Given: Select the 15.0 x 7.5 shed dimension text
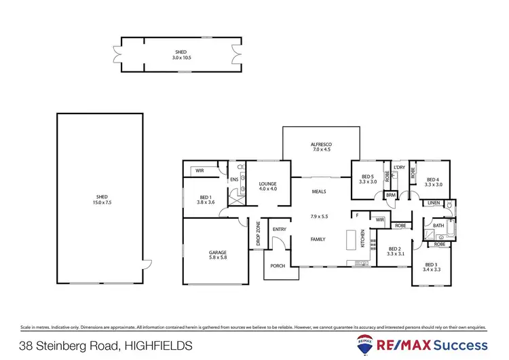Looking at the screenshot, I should [100, 202].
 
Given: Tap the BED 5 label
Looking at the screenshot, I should [367, 177].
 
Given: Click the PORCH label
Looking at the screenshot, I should [277, 266].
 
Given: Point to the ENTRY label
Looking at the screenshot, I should [280, 230].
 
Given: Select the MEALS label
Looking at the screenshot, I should [319, 192].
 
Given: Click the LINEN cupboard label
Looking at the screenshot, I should [434, 203].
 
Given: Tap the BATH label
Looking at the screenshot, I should [438, 226].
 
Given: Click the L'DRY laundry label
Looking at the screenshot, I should [399, 167].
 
